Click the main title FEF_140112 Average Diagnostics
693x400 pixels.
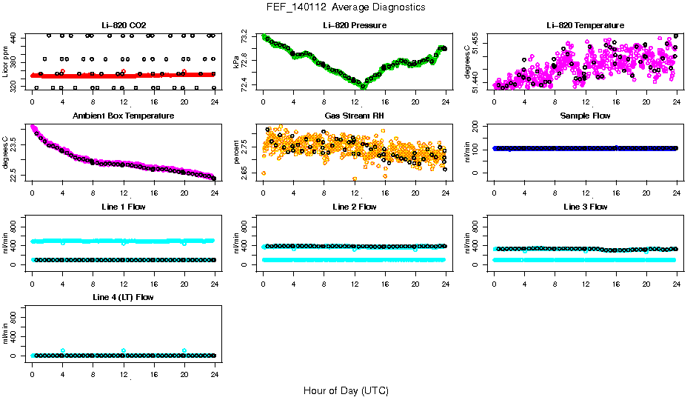[x=346, y=7]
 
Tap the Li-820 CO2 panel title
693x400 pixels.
[x=123, y=26]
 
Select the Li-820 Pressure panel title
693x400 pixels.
[x=354, y=26]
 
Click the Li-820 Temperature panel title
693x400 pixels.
[x=585, y=26]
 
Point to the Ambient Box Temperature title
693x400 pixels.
[x=123, y=116]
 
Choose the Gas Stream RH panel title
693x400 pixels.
[x=354, y=116]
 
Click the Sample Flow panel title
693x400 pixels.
[x=585, y=116]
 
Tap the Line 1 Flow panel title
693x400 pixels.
[x=123, y=207]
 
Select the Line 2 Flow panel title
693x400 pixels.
[x=354, y=207]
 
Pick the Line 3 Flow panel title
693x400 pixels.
[x=585, y=207]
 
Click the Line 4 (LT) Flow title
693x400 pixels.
[x=123, y=297]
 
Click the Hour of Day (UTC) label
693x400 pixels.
[x=346, y=390]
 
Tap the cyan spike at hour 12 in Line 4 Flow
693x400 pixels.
[x=124, y=350]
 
